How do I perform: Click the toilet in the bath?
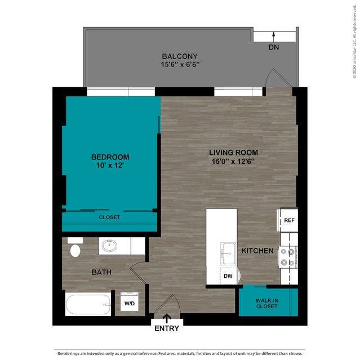point(75,247)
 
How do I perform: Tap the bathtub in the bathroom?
point(88,304)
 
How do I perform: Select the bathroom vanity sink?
point(109,246)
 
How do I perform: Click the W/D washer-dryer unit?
point(130,301)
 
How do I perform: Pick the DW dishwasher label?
point(228,276)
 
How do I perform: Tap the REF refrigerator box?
point(289,220)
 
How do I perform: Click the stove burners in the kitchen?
point(288,257)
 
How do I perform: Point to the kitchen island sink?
point(228,254)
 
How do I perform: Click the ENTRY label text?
point(167,328)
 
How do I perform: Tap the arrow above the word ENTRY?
point(167,318)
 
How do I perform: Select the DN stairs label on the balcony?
point(274,47)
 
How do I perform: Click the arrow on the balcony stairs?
point(273,37)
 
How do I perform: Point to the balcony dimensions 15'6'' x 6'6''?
point(180,65)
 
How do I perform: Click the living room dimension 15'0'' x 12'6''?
point(233,161)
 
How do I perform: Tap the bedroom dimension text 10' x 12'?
point(110,165)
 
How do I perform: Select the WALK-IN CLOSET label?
point(267,303)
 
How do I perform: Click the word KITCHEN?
point(257,251)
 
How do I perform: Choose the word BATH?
point(101,272)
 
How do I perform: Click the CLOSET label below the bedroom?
point(109,217)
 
